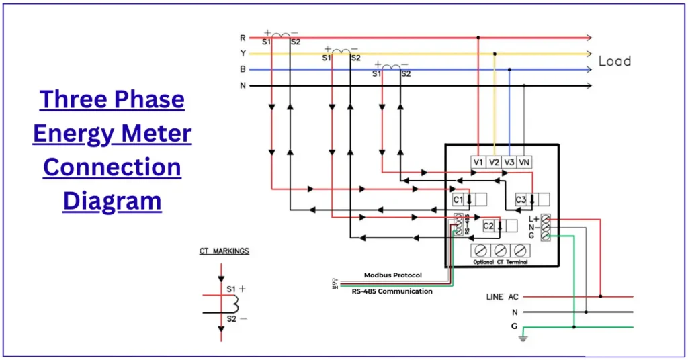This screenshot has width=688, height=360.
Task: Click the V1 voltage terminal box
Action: (x=478, y=162)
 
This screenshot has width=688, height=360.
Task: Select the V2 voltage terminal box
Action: (x=494, y=162)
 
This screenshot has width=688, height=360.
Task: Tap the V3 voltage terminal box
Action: (x=510, y=162)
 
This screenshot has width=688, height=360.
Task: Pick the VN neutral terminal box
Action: (x=525, y=162)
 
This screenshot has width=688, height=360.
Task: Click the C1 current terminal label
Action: (x=458, y=199)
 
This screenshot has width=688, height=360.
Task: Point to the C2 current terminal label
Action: (x=488, y=226)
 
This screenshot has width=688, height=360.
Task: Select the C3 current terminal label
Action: (x=521, y=199)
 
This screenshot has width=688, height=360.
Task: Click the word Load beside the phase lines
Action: (x=614, y=61)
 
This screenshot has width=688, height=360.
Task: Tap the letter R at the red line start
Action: (x=243, y=38)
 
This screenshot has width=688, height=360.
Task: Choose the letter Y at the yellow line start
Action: (x=243, y=54)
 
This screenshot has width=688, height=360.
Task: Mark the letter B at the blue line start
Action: (x=243, y=69)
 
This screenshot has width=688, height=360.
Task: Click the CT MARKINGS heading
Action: (x=224, y=251)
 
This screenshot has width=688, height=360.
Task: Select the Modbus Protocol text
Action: (x=393, y=275)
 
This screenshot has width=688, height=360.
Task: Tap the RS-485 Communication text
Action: (x=392, y=291)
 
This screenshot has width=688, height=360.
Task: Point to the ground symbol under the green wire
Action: (x=523, y=339)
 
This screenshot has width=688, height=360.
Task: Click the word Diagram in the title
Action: (x=112, y=200)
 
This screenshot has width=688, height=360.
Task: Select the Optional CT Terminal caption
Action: (x=500, y=262)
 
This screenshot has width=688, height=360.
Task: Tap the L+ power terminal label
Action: (x=533, y=219)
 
